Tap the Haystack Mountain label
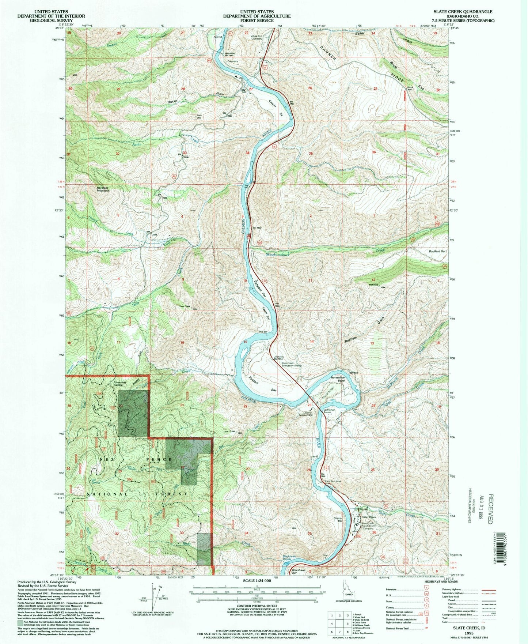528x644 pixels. click(103, 189)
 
